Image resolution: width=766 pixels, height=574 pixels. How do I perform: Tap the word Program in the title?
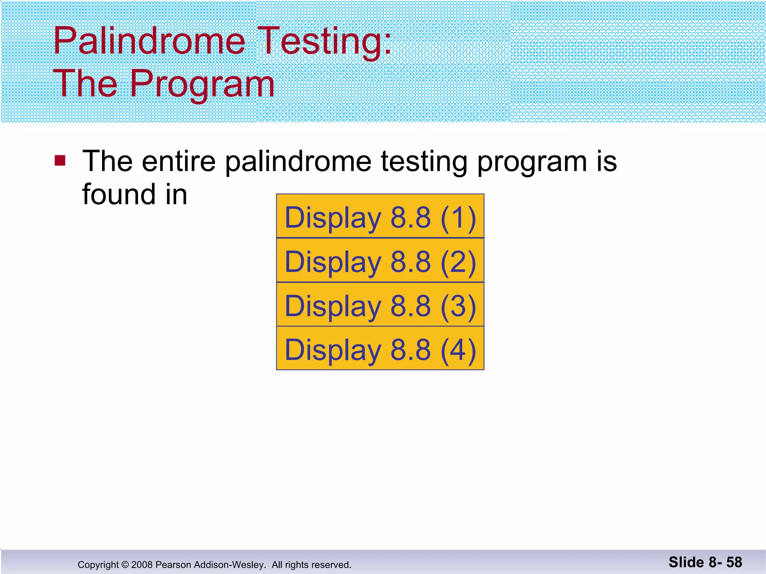[202, 84]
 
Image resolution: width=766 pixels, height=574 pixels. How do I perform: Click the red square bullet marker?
[60, 160]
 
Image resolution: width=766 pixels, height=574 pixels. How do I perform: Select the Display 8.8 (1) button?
[380, 216]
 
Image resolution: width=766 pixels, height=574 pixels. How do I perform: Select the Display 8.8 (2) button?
[380, 260]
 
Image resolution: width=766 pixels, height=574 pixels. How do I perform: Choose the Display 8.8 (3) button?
[380, 305]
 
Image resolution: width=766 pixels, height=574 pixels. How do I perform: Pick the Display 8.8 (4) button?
[380, 349]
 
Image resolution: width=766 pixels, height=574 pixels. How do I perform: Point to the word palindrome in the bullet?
[298, 161]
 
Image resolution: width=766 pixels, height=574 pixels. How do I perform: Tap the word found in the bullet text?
[119, 194]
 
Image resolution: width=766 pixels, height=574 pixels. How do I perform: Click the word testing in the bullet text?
[424, 161]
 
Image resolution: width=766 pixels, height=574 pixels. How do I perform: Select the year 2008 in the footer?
[142, 565]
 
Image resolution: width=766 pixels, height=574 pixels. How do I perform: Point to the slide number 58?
[734, 562]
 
